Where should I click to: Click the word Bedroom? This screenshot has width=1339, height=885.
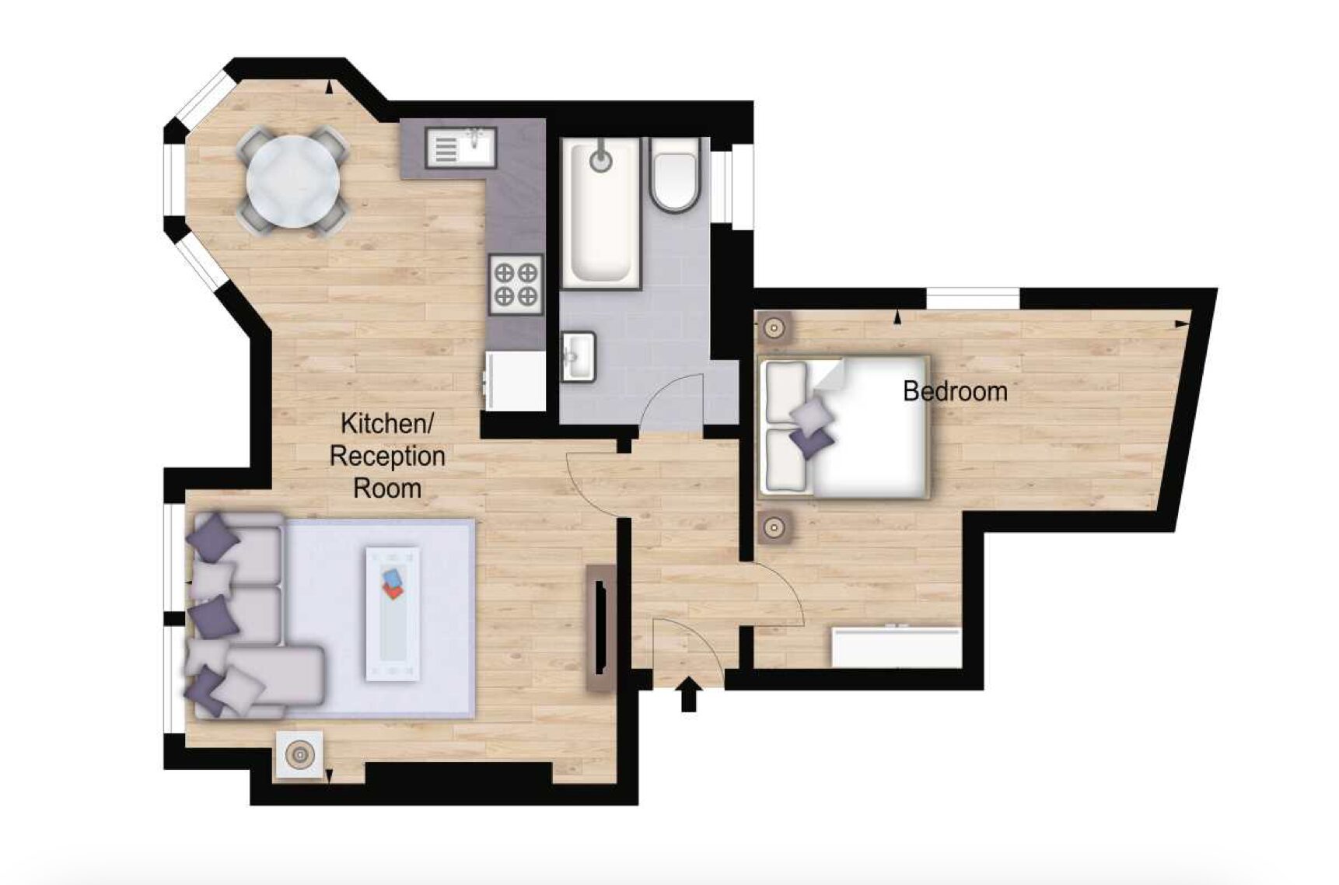[955, 390]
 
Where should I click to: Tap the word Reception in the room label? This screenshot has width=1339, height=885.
[387, 456]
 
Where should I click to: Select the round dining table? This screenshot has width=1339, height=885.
[293, 181]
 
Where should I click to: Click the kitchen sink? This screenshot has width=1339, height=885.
[460, 148]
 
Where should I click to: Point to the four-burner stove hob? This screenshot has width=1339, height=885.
[516, 284]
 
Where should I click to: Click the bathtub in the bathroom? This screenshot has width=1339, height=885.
[601, 213]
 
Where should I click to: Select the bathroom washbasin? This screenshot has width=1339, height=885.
[578, 357]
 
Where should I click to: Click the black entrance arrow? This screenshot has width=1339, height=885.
[689, 694]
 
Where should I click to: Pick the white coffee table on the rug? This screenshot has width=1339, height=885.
[393, 614]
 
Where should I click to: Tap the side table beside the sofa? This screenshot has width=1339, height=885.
[299, 754]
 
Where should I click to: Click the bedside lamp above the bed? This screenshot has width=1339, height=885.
[774, 328]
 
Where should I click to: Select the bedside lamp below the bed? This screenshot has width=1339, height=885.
[774, 528]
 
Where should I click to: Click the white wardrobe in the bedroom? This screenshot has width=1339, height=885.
[897, 648]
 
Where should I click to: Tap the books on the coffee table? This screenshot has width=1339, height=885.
[393, 583]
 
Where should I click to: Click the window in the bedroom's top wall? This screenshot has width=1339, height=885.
[972, 299]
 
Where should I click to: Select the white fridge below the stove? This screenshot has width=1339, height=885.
[515, 380]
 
